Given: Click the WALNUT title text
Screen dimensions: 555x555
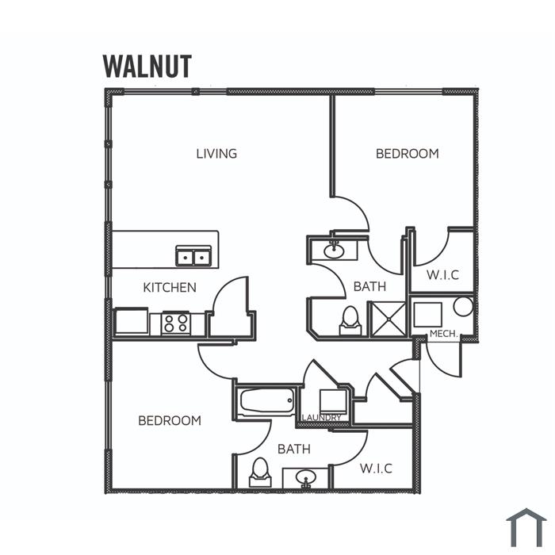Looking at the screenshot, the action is [147, 66].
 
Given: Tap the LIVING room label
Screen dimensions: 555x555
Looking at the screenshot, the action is [216, 154].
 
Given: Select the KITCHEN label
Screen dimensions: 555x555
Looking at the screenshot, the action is [170, 287].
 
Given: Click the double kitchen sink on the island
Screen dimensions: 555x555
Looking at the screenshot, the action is [193, 256].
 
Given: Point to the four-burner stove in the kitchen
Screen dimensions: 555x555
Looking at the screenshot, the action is [176, 323].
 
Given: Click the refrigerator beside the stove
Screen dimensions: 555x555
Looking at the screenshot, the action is [132, 321].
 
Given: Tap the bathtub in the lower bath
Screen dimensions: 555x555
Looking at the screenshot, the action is [268, 400].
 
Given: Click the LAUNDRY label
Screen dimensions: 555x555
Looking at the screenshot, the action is [322, 418].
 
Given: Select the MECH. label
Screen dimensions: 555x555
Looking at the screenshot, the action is [444, 334].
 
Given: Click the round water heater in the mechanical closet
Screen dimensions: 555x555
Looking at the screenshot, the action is [463, 306].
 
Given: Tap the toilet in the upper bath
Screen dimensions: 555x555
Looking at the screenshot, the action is [350, 321].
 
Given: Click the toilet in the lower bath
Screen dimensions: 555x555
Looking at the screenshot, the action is [261, 473].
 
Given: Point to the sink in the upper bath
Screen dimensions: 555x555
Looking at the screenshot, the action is [334, 251].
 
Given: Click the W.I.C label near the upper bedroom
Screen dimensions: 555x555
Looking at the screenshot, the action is [442, 275].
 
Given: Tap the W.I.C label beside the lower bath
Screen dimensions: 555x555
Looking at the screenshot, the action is [377, 469].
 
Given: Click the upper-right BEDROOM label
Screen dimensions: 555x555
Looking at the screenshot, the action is [408, 154].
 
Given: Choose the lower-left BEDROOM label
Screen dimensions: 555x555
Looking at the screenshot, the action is [170, 420].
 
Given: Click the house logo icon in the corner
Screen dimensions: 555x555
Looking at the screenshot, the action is [526, 527].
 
